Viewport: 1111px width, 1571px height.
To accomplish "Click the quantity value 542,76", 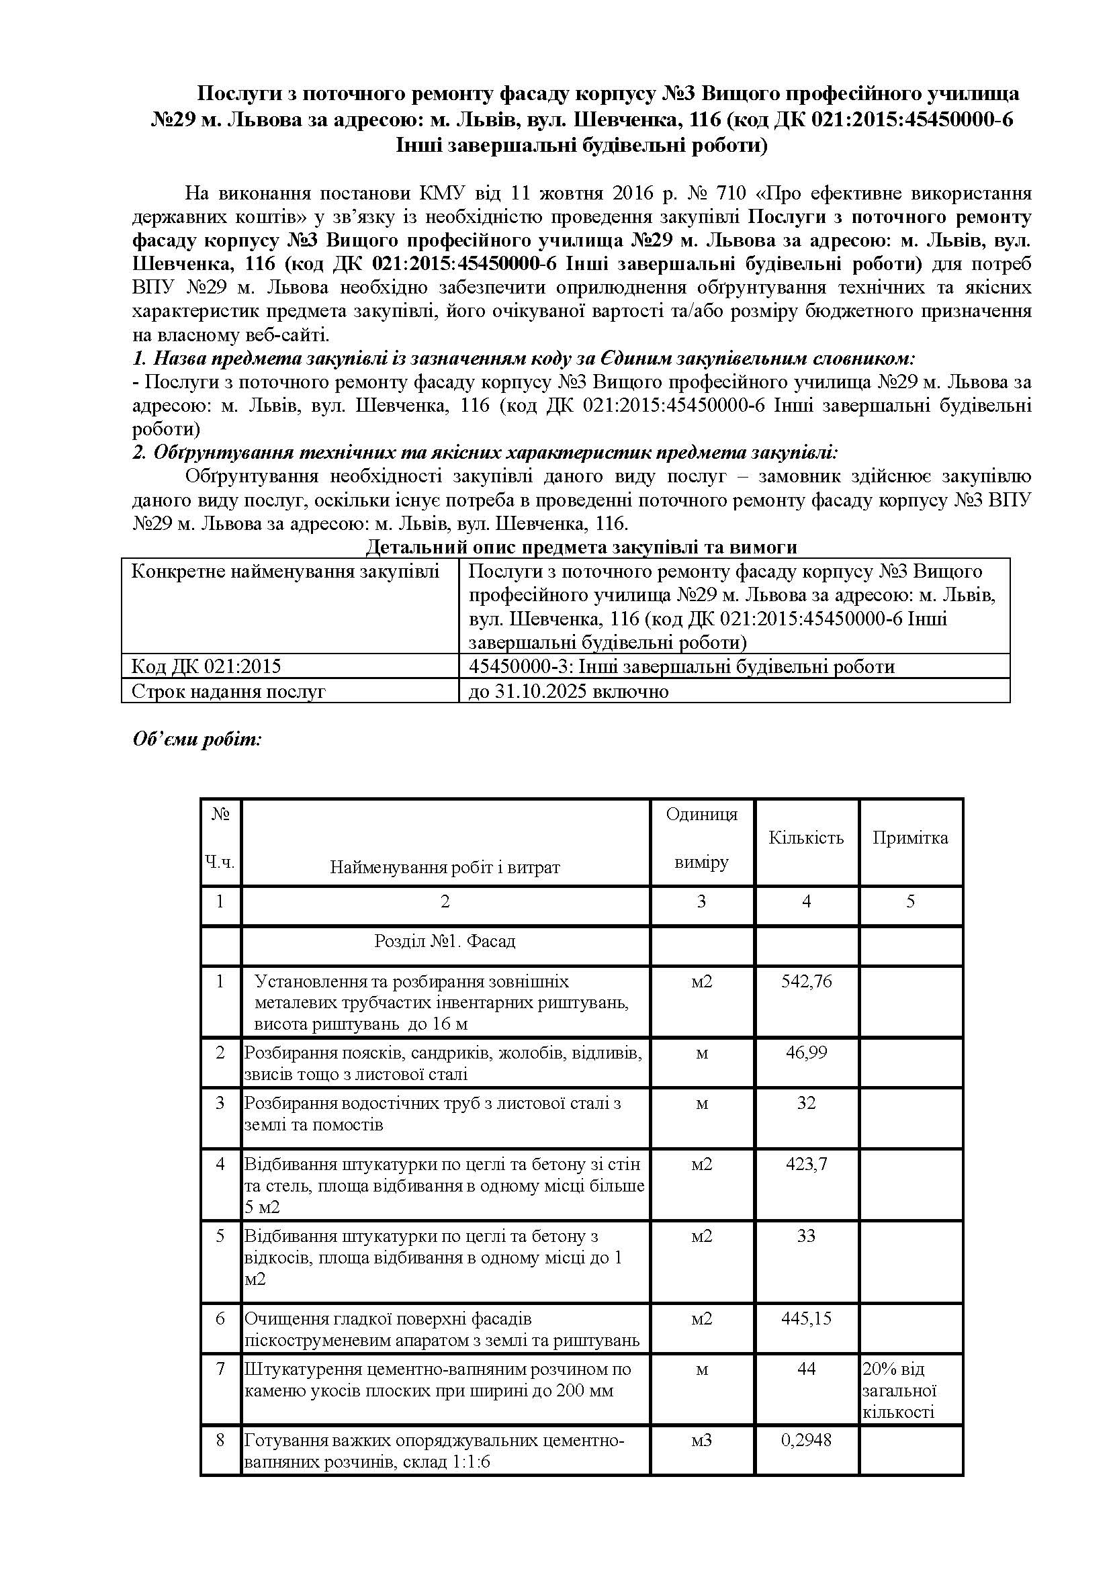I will pyautogui.click(x=806, y=981).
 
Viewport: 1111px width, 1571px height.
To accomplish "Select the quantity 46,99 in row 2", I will pyautogui.click(x=806, y=1052).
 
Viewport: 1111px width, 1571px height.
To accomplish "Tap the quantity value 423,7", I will pyautogui.click(x=806, y=1163).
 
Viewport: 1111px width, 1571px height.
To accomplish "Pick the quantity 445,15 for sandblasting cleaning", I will pyautogui.click(x=806, y=1318).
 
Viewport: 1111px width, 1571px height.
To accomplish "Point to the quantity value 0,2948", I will pyautogui.click(x=806, y=1439).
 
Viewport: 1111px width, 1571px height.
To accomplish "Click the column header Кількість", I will pyautogui.click(x=806, y=838).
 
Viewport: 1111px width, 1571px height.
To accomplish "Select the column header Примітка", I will pyautogui.click(x=910, y=838).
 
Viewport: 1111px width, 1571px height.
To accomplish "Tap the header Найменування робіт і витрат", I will pyautogui.click(x=445, y=868).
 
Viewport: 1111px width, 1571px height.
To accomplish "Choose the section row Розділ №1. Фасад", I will pyautogui.click(x=445, y=941).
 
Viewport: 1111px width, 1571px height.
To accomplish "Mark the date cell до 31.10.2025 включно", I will pyautogui.click(x=568, y=691).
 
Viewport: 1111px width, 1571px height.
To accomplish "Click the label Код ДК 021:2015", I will pyautogui.click(x=206, y=666).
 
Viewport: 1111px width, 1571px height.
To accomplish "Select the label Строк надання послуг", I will pyautogui.click(x=228, y=691).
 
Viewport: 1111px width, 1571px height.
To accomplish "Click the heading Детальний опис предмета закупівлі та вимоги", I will pyautogui.click(x=582, y=547).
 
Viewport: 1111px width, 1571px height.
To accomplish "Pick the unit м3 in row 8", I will pyautogui.click(x=701, y=1439).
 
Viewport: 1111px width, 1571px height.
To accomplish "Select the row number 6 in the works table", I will pyautogui.click(x=220, y=1318).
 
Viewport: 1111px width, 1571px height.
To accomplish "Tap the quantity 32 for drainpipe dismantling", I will pyautogui.click(x=806, y=1102).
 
